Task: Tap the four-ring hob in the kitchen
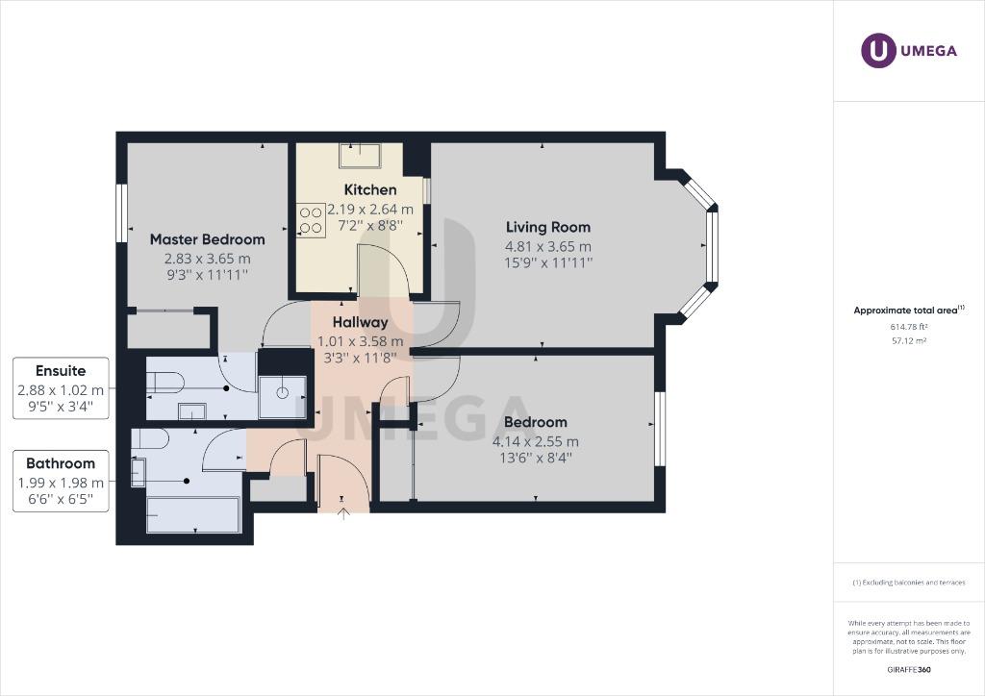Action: tap(311, 219)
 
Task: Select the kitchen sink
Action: tap(361, 155)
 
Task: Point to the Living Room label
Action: tap(548, 228)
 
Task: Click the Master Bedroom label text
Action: tap(207, 239)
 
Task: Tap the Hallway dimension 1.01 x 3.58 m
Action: tap(361, 340)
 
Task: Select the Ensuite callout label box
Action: tap(60, 387)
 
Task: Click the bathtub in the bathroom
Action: tap(192, 514)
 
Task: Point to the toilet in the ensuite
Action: tap(165, 383)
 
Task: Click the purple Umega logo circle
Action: tap(878, 51)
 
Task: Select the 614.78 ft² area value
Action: tap(909, 327)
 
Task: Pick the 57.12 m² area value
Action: tap(909, 340)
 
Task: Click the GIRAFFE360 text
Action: tap(909, 669)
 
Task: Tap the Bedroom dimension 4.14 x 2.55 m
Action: tap(536, 441)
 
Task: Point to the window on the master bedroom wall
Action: tap(122, 212)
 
